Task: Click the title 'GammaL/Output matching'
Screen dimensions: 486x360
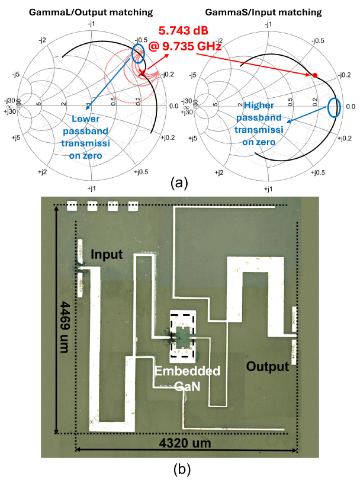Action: (x=91, y=12)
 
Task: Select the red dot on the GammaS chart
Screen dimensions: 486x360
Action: (x=315, y=75)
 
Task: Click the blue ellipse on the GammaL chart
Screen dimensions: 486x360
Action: (x=137, y=54)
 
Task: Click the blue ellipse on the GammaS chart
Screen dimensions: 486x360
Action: (x=335, y=107)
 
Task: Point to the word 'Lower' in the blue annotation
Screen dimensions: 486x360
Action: (x=86, y=119)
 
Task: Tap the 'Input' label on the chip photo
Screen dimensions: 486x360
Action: (x=107, y=254)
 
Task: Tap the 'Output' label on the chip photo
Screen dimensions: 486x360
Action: (x=268, y=367)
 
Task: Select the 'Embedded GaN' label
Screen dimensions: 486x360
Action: (x=188, y=378)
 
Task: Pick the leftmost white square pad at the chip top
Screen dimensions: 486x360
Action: (x=72, y=206)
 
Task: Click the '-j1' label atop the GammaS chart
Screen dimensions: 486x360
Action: (x=268, y=24)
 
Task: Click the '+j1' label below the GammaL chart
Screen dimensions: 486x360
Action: (x=92, y=188)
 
